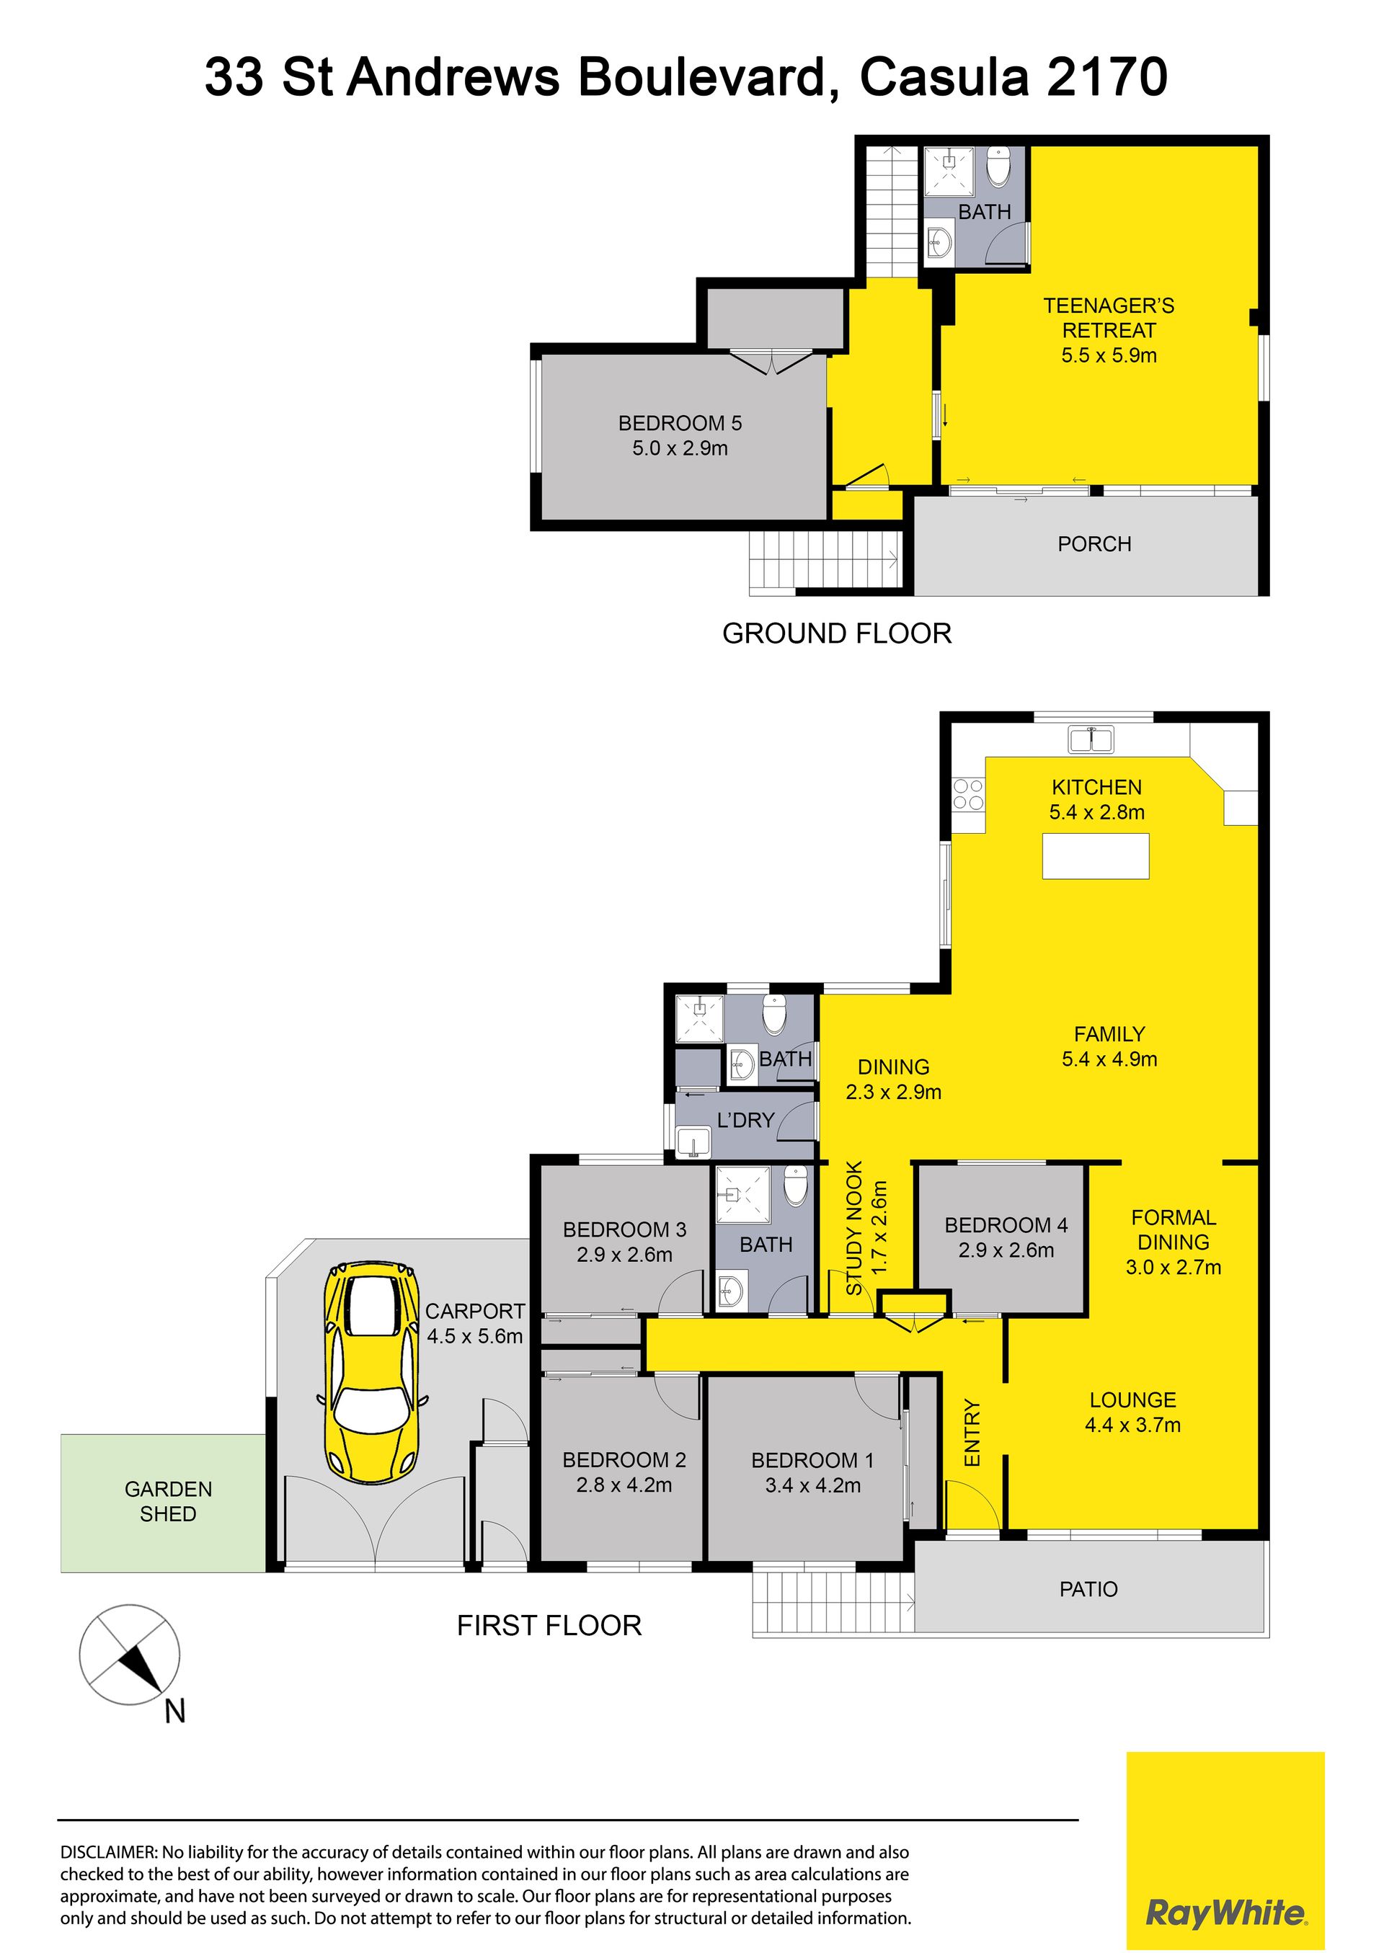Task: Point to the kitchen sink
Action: tap(1091, 739)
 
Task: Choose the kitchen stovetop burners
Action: tap(968, 794)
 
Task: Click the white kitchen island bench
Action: tap(1095, 855)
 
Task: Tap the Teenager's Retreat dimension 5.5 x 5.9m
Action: tap(1109, 355)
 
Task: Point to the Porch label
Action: tap(1094, 543)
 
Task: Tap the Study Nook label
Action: tap(854, 1229)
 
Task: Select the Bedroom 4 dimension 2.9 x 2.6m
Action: tap(1006, 1250)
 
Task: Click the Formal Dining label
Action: tap(1174, 1229)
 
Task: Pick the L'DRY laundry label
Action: tap(745, 1121)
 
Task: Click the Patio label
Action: tap(1088, 1589)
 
